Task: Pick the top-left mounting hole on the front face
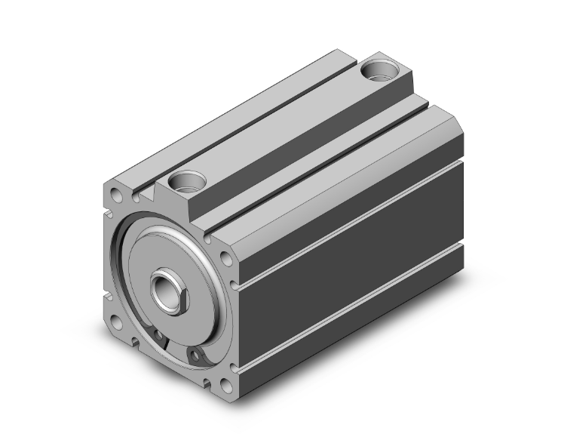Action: point(118,199)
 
